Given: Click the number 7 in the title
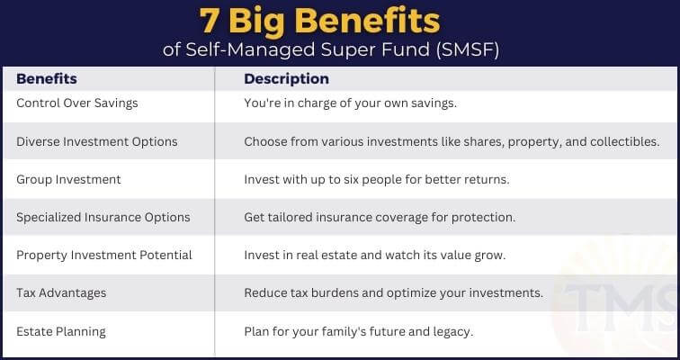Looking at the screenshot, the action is (210, 21).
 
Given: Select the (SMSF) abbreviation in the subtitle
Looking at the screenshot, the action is (468, 49).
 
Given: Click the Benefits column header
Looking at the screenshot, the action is (47, 79).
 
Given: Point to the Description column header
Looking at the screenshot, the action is (286, 79).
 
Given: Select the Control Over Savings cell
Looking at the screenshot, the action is (77, 103).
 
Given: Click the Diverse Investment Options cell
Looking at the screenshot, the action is (97, 142).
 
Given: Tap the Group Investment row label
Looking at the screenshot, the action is (68, 180).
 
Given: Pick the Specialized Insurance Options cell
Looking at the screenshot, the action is (103, 217).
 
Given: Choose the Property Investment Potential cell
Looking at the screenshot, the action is (104, 255).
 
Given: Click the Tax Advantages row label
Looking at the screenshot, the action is (61, 293).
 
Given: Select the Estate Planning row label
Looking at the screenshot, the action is (61, 332).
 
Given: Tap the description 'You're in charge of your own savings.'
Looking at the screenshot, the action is (351, 103).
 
